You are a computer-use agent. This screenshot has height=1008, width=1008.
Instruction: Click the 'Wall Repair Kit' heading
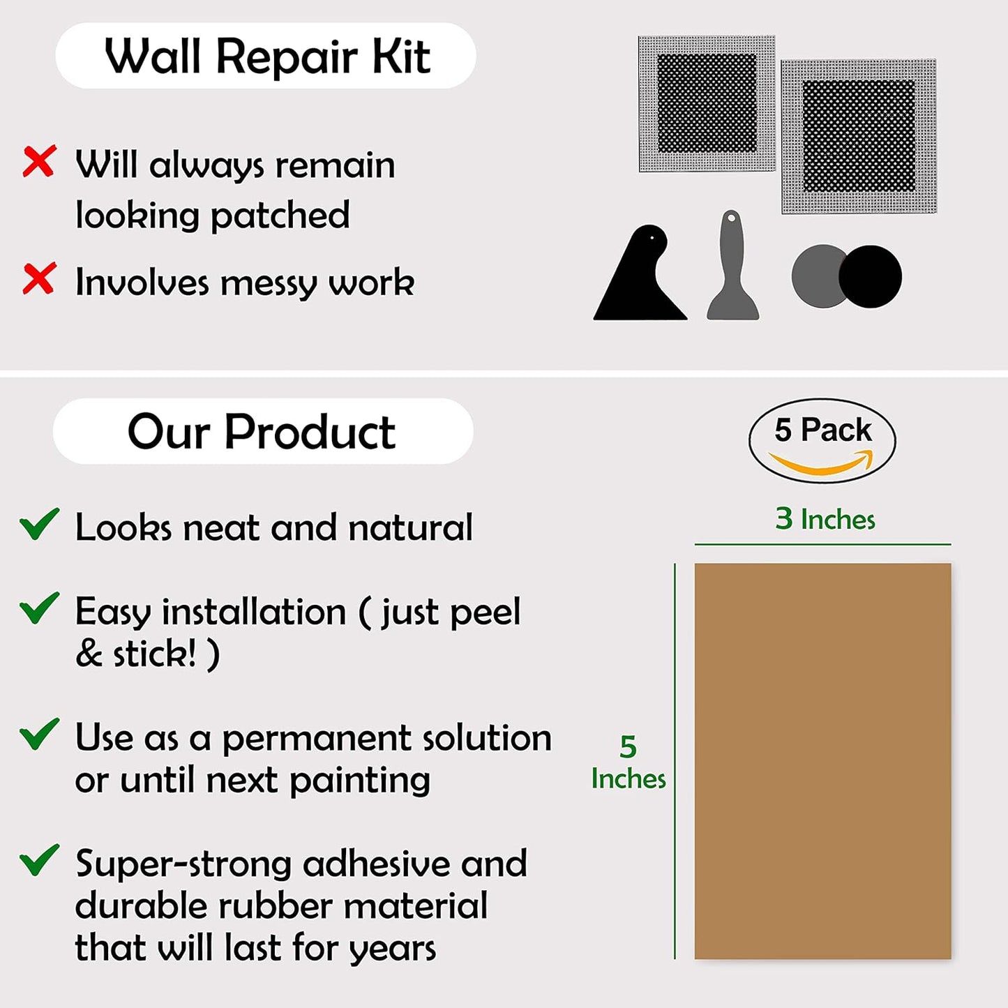266,56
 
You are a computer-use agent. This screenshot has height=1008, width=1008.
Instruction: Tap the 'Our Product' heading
262,432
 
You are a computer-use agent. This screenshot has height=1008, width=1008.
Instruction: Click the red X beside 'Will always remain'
39,162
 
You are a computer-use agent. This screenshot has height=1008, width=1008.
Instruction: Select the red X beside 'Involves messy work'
39,279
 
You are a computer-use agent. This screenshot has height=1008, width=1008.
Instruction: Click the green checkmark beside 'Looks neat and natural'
39,524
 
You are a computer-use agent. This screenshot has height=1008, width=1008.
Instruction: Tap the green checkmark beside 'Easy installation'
39,608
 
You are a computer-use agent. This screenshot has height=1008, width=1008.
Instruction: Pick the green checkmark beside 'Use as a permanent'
39,734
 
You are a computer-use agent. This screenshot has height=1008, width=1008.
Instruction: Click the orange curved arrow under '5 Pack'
822,462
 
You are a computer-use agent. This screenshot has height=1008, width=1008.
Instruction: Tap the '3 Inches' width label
825,519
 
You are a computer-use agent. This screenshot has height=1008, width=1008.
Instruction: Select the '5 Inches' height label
628,762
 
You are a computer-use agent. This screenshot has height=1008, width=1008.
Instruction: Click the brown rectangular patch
822,761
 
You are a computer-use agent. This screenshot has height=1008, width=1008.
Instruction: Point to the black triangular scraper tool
639,279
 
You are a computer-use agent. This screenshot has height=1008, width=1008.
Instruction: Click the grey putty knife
732,269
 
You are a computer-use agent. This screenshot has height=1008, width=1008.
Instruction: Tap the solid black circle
871,276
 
